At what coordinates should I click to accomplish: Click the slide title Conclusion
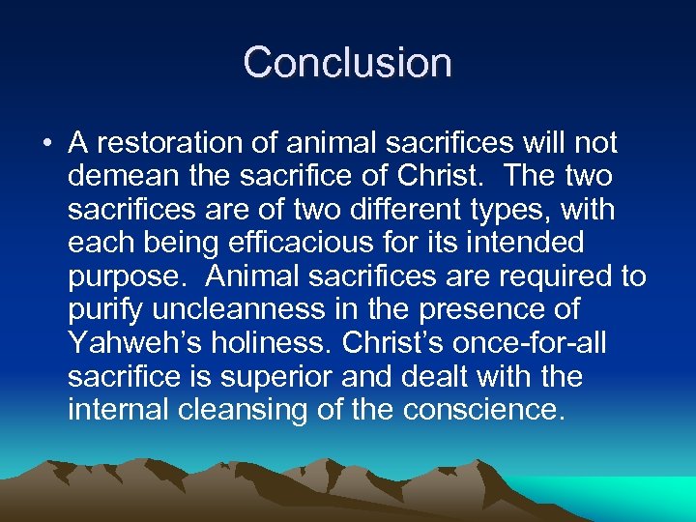[x=347, y=63]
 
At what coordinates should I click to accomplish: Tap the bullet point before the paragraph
[x=46, y=145]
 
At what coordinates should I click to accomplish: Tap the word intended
[x=531, y=243]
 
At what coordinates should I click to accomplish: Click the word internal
[x=120, y=409]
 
